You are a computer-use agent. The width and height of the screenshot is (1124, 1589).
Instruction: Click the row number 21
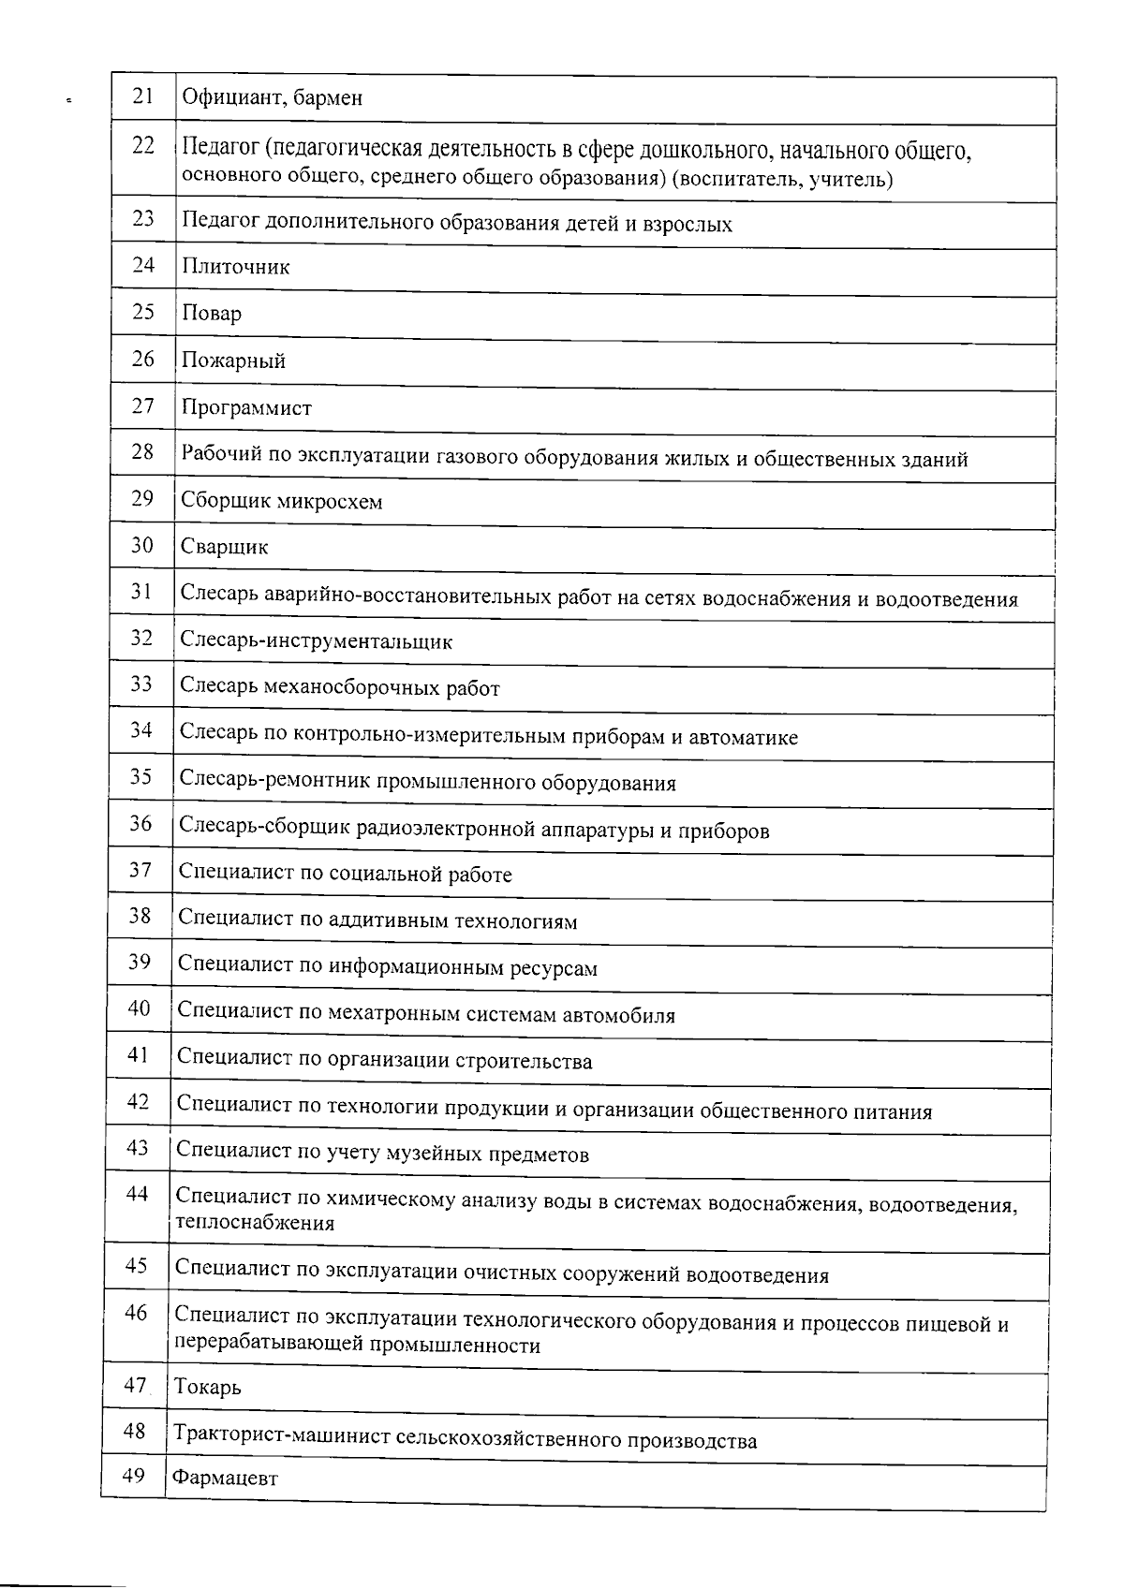pos(143,96)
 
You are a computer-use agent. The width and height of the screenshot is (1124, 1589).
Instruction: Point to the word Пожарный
pos(233,360)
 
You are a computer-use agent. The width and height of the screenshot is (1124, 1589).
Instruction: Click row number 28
pos(142,451)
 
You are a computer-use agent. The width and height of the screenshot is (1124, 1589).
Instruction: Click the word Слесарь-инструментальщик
pos(317,642)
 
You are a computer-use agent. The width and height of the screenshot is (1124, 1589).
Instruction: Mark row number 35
pos(140,776)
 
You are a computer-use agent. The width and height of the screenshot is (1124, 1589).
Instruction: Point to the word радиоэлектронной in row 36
pos(455,831)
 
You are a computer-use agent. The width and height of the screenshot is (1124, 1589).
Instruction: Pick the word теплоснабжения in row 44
pos(255,1223)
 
